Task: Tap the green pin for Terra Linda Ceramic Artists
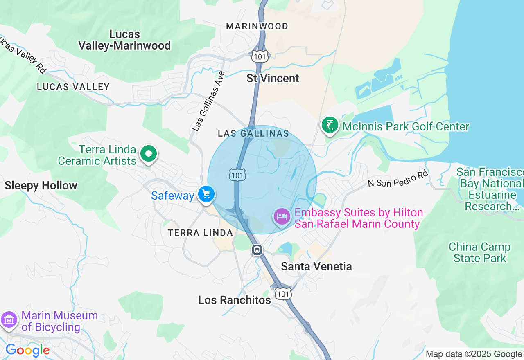(149, 154)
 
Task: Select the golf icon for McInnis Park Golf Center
(330, 125)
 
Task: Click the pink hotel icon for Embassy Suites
(282, 216)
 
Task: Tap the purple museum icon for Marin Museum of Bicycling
(9, 319)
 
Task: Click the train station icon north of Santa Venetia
(257, 250)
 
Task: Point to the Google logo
(27, 351)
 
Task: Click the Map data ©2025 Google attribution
(474, 354)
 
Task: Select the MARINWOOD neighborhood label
(257, 26)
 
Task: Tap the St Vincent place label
(273, 78)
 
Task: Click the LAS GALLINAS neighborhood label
(253, 133)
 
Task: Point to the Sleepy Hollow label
(41, 185)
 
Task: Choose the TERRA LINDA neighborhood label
(201, 233)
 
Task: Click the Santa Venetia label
(316, 266)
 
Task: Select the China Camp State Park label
(479, 252)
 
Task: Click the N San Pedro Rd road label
(398, 178)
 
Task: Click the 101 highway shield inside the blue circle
(237, 175)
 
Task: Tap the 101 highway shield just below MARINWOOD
(260, 56)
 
